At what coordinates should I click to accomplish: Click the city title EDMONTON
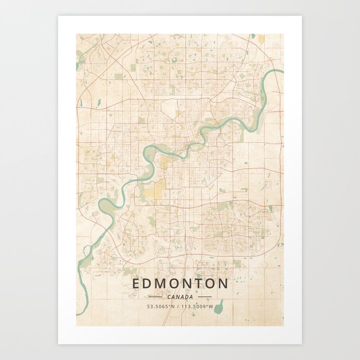click(x=180, y=283)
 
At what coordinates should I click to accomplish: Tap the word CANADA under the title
click(x=180, y=297)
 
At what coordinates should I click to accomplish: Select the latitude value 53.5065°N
click(x=160, y=307)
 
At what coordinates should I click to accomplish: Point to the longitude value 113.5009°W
click(x=196, y=307)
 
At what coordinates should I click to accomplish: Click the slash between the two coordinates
click(x=177, y=307)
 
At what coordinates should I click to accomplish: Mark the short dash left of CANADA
click(x=155, y=297)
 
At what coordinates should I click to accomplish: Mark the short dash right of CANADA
click(x=205, y=297)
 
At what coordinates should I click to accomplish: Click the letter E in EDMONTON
click(x=136, y=283)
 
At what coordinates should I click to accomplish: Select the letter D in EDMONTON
click(x=149, y=283)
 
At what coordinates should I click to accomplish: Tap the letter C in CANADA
click(x=169, y=297)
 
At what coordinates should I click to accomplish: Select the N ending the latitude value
click(x=172, y=307)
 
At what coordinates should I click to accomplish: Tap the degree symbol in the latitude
click(x=169, y=305)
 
